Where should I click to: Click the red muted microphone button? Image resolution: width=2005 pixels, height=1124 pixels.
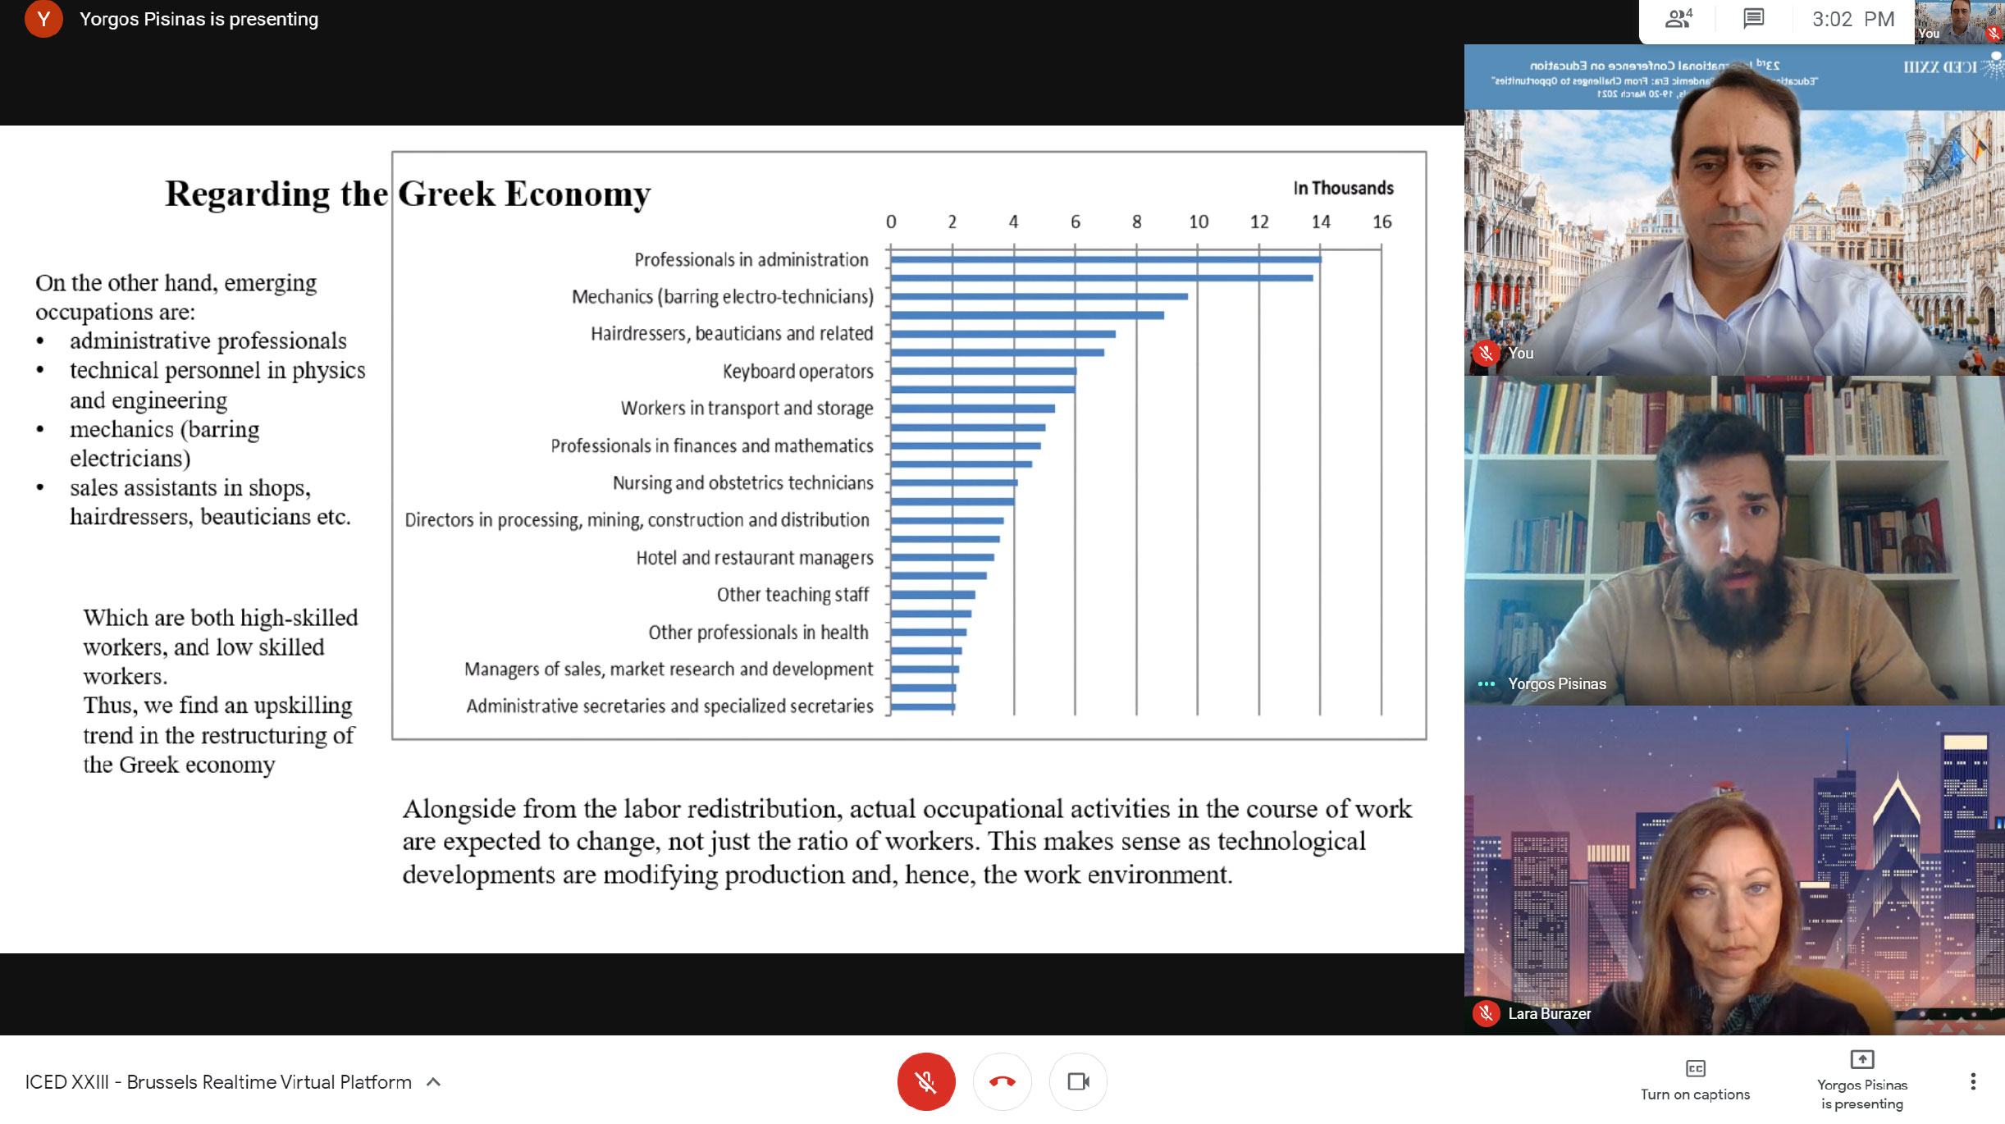click(x=925, y=1081)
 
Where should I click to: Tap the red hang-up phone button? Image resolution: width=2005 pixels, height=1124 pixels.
click(x=1002, y=1081)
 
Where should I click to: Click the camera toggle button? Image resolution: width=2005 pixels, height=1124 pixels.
click(x=1078, y=1081)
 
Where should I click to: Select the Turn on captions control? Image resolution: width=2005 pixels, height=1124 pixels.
click(x=1695, y=1080)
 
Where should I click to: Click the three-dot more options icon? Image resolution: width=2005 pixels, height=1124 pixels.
click(x=1973, y=1081)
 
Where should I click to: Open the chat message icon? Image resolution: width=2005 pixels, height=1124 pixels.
click(x=1753, y=19)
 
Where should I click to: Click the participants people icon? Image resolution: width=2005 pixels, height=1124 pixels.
click(x=1678, y=19)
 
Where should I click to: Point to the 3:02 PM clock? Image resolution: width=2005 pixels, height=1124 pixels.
click(x=1852, y=19)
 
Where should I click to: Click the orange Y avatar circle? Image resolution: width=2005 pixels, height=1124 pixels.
click(x=43, y=19)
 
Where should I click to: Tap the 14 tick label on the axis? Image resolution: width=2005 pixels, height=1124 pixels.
click(x=1321, y=222)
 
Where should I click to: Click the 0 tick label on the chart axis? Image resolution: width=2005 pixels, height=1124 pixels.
click(x=891, y=222)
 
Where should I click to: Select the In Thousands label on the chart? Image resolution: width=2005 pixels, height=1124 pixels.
click(x=1343, y=188)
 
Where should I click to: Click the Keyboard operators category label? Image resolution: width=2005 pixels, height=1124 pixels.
click(x=797, y=372)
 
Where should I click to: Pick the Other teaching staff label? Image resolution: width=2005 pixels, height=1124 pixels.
click(x=792, y=594)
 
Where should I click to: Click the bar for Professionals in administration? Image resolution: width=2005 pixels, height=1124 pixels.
click(x=1105, y=259)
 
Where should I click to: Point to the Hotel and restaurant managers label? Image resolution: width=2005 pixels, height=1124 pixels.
click(x=754, y=558)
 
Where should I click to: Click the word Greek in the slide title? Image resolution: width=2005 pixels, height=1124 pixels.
click(x=447, y=194)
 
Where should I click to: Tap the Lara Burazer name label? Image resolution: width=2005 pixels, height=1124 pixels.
click(x=1549, y=1013)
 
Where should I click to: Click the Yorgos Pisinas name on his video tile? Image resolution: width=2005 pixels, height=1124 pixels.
click(x=1556, y=683)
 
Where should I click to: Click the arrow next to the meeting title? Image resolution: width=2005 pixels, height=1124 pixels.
click(x=434, y=1082)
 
